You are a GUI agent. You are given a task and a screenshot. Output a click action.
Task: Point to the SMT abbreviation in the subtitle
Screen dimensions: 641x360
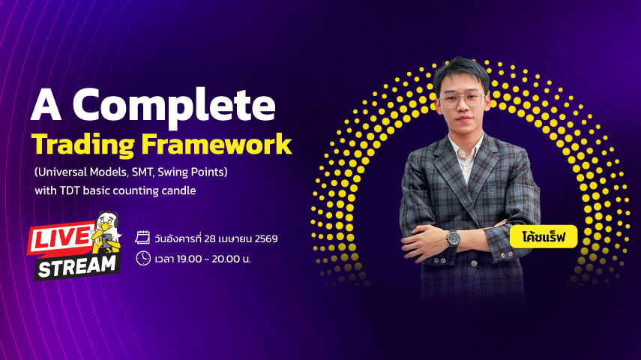142,172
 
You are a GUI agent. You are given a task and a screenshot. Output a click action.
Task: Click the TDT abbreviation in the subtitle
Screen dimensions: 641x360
70,190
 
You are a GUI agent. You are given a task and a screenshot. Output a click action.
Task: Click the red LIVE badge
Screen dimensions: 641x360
61,238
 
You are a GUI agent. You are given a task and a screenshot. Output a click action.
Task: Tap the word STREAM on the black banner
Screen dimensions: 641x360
77,267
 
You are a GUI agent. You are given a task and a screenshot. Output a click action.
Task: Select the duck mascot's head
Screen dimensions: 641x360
106,222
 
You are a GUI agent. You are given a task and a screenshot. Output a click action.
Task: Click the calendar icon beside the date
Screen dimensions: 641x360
142,238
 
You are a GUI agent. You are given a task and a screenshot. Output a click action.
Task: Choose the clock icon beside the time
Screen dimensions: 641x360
143,258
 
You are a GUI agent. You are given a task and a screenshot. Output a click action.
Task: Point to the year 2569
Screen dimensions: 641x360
266,238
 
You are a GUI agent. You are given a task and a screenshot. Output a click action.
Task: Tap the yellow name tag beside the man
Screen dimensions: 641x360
544,236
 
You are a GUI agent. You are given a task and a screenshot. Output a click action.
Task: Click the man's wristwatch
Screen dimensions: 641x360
453,238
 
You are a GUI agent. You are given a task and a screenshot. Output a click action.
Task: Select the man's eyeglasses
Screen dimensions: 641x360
463,100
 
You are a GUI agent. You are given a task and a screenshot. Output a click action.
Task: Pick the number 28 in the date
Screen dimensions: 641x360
210,238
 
